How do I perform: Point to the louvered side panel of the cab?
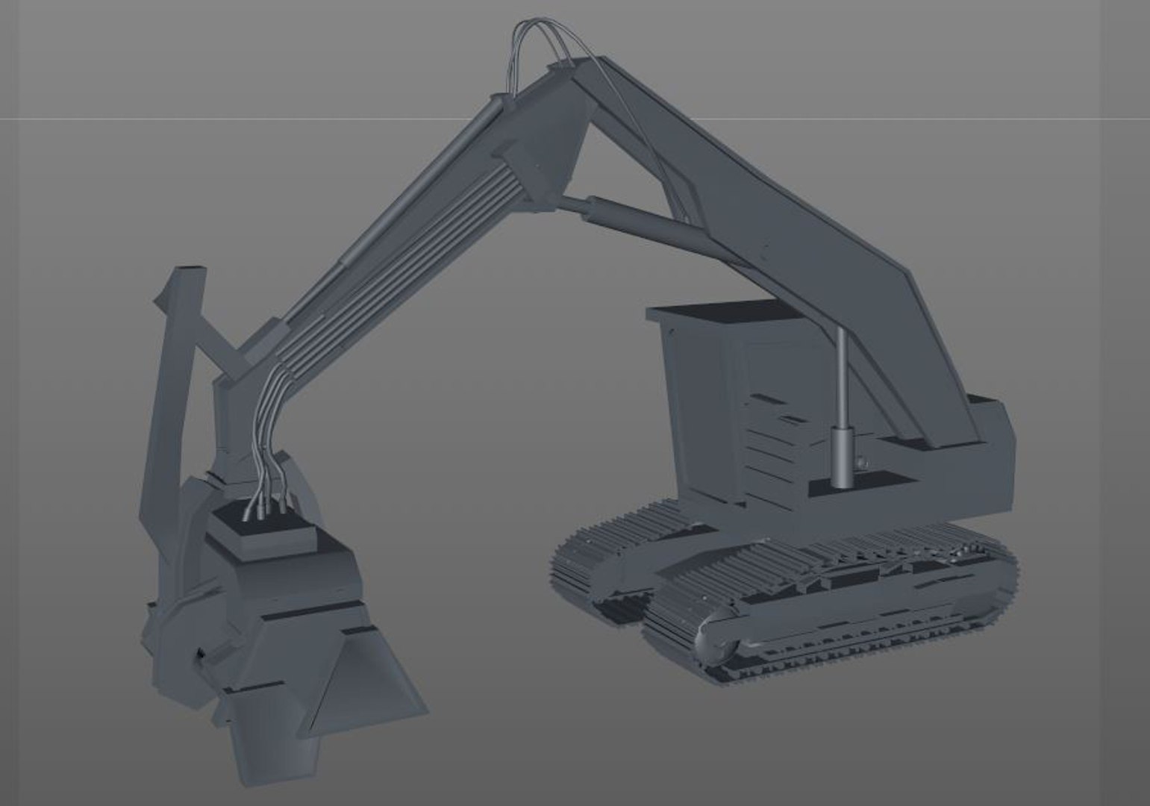coord(769,433)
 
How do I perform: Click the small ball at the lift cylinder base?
coord(863,463)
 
